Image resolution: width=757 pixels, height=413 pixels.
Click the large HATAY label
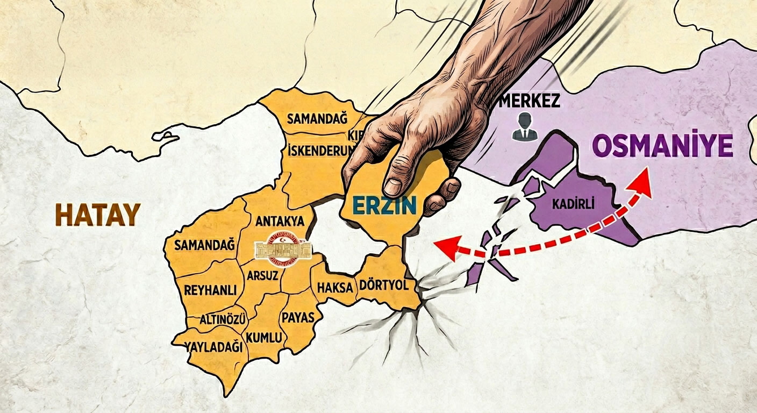[97, 215]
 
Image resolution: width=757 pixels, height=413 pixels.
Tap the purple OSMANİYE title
[662, 146]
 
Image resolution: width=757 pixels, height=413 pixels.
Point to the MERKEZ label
[530, 101]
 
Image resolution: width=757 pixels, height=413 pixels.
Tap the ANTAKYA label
[280, 221]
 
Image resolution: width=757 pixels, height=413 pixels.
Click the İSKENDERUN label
[322, 151]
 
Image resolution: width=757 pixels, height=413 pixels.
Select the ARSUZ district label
[262, 275]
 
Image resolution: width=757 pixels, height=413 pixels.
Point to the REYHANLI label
[210, 290]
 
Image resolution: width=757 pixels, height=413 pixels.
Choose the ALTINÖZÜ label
[223, 319]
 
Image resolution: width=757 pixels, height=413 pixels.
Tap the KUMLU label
[263, 338]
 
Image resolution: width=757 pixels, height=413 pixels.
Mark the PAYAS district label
[297, 317]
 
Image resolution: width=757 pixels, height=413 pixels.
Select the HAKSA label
[334, 287]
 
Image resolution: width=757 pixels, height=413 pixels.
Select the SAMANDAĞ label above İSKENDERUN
[317, 118]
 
